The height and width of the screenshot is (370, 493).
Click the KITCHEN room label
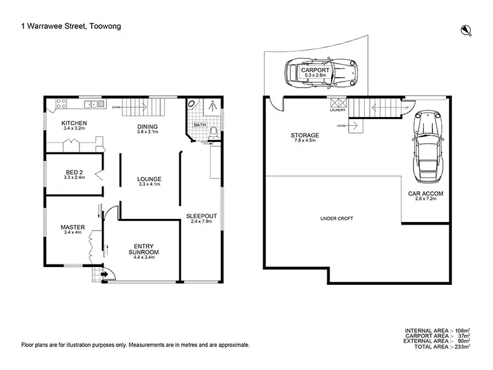(74, 123)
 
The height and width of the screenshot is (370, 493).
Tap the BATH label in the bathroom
(200, 125)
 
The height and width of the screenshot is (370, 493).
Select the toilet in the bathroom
(214, 133)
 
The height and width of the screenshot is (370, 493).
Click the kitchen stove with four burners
(61, 104)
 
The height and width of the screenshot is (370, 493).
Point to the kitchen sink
(94, 104)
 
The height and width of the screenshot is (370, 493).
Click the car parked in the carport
(321, 73)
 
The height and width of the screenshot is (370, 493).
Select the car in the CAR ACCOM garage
(428, 147)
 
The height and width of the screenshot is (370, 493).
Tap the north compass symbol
(466, 30)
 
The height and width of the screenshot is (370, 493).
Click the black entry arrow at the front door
(104, 274)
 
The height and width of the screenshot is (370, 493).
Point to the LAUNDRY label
(338, 110)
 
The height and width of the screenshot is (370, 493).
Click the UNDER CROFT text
(336, 218)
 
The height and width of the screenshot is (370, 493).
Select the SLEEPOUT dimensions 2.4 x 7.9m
(202, 221)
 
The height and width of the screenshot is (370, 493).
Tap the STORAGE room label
(304, 135)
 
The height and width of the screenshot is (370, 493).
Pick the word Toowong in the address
(105, 26)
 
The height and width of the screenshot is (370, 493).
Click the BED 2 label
(74, 173)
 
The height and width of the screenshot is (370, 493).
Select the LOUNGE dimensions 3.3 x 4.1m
(149, 184)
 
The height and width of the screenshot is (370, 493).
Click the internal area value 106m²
(462, 331)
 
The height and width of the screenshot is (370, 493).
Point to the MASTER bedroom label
(73, 227)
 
